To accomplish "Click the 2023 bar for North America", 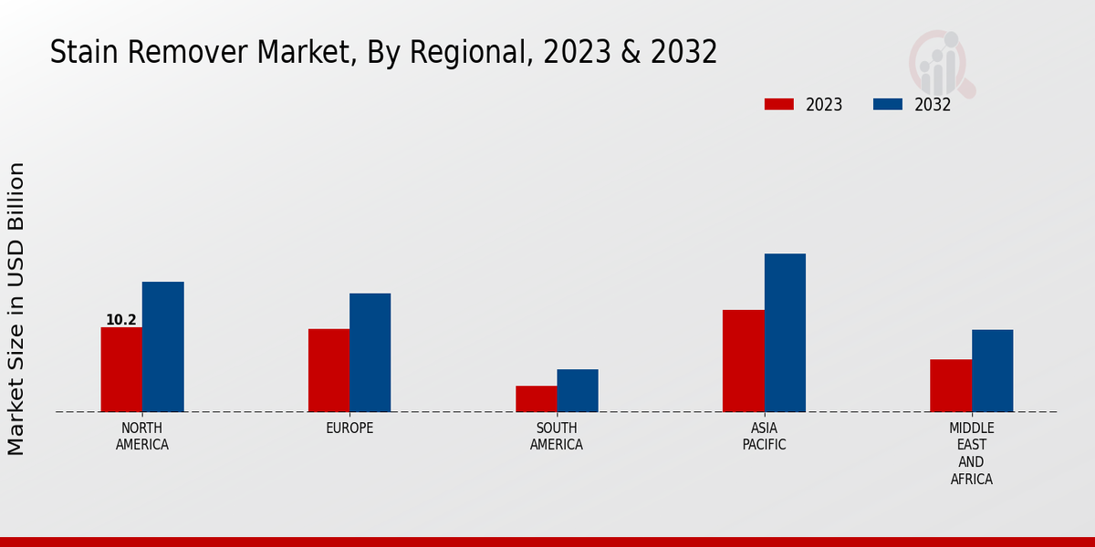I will coord(121,369).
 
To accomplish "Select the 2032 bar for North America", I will coord(162,346).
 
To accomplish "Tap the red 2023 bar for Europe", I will coord(328,370).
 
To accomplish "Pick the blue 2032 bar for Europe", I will coord(370,352).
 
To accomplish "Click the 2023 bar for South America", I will coord(536,398).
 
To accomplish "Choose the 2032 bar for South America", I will coord(578,390).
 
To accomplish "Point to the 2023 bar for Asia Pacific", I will coord(743,360).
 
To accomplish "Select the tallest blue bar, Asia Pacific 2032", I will coord(785,333).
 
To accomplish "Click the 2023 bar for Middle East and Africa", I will coord(951,386).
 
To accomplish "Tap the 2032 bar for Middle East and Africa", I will coord(992,370).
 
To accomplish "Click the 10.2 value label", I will coord(120,320).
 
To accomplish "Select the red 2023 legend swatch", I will coord(778,104).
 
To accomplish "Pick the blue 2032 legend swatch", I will coord(887,104).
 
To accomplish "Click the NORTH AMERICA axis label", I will coord(141,437).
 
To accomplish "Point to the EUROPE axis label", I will coord(349,428).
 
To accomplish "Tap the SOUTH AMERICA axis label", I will coord(557,437).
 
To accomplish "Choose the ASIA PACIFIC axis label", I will coord(764,437).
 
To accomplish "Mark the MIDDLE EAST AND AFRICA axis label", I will coord(971,453).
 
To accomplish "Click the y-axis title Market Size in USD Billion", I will coord(16,308).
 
